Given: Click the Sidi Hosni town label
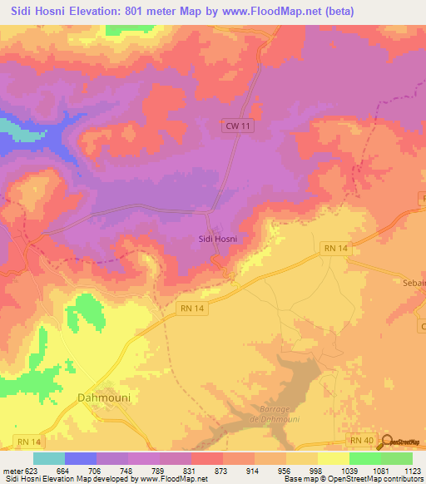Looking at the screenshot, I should coord(217,239).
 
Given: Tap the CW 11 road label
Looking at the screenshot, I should coord(237,125).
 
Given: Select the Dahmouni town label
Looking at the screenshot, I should coord(104,398).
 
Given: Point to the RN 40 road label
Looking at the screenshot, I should coord(360,439).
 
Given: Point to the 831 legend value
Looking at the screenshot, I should coord(191,470).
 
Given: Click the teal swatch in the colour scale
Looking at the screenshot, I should coord(49,458).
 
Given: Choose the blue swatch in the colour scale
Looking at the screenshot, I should coord(81,458).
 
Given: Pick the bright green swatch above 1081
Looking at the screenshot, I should coord(364,458).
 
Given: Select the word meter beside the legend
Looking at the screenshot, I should coord(13,470).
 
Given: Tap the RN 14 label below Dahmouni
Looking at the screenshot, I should coord(29,441).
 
